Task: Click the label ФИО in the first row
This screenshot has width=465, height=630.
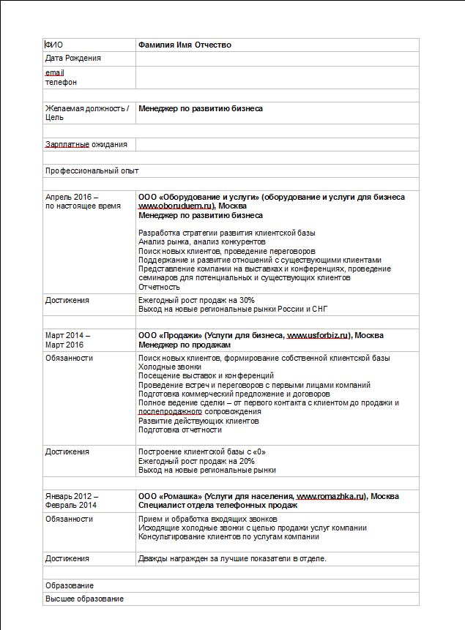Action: pyautogui.click(x=54, y=45)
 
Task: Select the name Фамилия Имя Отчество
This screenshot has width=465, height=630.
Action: pyautogui.click(x=185, y=45)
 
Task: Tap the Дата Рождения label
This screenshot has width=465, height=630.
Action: pyautogui.click(x=73, y=59)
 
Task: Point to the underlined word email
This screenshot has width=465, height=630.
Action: pyautogui.click(x=55, y=74)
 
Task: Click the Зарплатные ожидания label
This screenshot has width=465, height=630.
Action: pyautogui.click(x=86, y=145)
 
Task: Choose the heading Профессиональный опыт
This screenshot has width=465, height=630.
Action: pyautogui.click(x=92, y=170)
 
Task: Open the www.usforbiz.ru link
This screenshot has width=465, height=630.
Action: pyautogui.click(x=318, y=335)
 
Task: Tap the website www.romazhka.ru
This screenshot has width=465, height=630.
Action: pyautogui.click(x=330, y=496)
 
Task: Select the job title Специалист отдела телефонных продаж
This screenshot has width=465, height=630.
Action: pyautogui.click(x=217, y=506)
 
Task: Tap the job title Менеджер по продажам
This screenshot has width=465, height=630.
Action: pyautogui.click(x=184, y=345)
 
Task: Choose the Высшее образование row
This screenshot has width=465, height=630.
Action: pyautogui.click(x=84, y=599)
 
